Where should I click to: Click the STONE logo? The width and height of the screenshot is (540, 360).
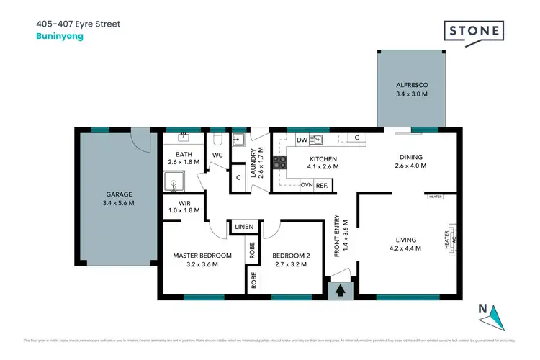click(x=472, y=32)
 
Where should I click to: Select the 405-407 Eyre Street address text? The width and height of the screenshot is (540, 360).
click(x=78, y=24)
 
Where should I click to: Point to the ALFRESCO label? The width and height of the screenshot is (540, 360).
click(x=410, y=84)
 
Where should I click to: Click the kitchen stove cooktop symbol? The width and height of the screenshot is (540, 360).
click(x=279, y=163)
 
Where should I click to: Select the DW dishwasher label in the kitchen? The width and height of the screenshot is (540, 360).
click(x=302, y=140)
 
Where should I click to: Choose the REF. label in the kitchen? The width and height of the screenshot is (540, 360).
click(x=322, y=186)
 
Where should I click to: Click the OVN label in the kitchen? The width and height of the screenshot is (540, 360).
click(x=306, y=186)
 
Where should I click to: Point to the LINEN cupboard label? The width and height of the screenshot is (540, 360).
click(x=244, y=228)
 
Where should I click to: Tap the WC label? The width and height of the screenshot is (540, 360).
click(x=217, y=154)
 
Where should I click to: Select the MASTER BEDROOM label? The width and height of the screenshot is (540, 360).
click(x=202, y=256)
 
